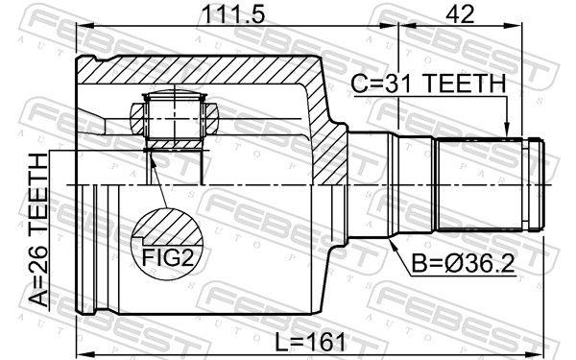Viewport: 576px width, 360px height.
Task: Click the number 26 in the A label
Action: coord(37,257)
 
